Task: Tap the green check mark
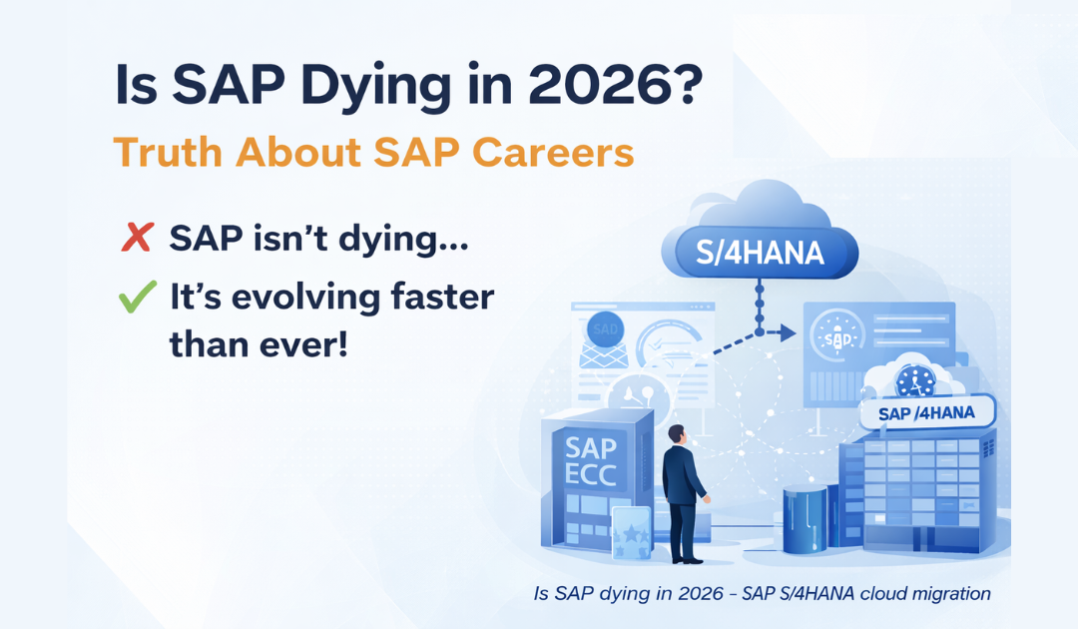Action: pyautogui.click(x=137, y=297)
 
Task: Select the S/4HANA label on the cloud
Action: pyautogui.click(x=762, y=252)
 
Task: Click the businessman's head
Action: pyautogui.click(x=676, y=435)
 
